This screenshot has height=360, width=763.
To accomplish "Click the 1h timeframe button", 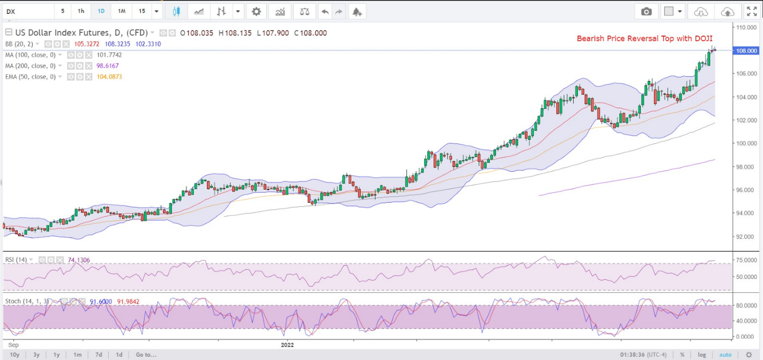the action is click(x=81, y=11).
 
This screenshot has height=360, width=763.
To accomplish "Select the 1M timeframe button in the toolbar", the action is click(x=122, y=11).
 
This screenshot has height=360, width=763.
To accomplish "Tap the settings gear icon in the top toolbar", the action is click(x=256, y=12).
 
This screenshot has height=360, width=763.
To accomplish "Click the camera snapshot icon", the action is click(x=646, y=12).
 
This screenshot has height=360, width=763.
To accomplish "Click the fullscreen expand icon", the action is click(x=752, y=12).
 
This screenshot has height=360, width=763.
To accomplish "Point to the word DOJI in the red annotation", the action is click(x=703, y=38).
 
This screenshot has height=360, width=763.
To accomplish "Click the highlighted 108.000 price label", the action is click(x=746, y=51).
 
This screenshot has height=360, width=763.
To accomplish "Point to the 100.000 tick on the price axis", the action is click(x=746, y=143).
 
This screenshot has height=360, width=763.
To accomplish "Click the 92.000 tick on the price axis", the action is click(x=746, y=236).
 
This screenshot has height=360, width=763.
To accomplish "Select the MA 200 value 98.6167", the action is click(x=108, y=66).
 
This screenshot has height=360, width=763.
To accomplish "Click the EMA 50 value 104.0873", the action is click(x=109, y=77).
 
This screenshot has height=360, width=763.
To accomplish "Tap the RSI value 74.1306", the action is click(x=79, y=260).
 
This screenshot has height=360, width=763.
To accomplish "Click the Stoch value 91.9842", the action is click(x=128, y=301).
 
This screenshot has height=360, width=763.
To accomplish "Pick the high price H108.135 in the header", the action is click(x=235, y=33).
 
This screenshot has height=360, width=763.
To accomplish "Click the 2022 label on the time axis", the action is click(x=287, y=345).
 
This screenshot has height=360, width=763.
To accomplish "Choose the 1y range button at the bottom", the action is click(x=57, y=355).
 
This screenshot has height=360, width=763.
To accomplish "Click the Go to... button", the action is click(x=146, y=355).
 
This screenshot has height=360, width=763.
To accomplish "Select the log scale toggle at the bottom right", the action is click(x=702, y=355).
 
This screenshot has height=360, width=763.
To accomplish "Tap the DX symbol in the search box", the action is click(x=11, y=12).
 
